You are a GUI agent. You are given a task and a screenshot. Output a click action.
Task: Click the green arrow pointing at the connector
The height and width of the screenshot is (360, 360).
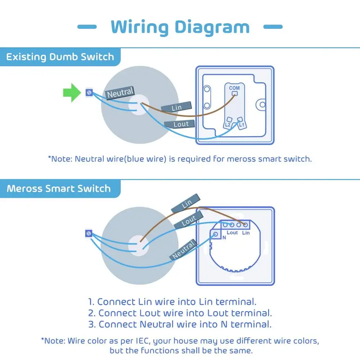pyautogui.click(x=72, y=93)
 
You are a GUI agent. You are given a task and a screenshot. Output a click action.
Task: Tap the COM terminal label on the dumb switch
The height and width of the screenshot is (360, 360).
pyautogui.click(x=234, y=88)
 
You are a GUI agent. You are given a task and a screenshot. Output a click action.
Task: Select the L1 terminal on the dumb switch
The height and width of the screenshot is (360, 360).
pyautogui.click(x=241, y=125)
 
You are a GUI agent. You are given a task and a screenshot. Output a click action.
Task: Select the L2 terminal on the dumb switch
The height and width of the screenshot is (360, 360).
pyautogui.click(x=228, y=125)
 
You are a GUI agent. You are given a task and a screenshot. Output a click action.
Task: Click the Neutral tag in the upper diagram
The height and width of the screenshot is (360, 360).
pyautogui.click(x=120, y=93)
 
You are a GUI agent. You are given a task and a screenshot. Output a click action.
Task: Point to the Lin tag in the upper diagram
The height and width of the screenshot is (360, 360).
pyautogui.click(x=176, y=107)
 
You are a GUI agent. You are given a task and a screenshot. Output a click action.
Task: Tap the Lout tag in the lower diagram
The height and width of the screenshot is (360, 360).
pyautogui.click(x=189, y=220)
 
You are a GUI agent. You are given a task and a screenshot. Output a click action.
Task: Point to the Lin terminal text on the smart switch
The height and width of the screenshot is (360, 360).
pyautogui.click(x=246, y=233)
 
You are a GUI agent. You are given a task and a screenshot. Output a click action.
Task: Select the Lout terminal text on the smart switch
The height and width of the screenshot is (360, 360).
pyautogui.click(x=232, y=233)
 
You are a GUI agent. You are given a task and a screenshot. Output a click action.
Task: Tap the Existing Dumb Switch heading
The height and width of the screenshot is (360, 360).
pyautogui.click(x=60, y=57)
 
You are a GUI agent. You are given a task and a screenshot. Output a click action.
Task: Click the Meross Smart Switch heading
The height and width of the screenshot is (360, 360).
pyautogui.click(x=59, y=189)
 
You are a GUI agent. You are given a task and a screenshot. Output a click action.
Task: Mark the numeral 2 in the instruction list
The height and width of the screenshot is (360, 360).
pyautogui.click(x=92, y=313)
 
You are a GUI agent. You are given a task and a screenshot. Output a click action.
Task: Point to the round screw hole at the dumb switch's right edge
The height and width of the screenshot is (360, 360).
pyautogui.click(x=261, y=105)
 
